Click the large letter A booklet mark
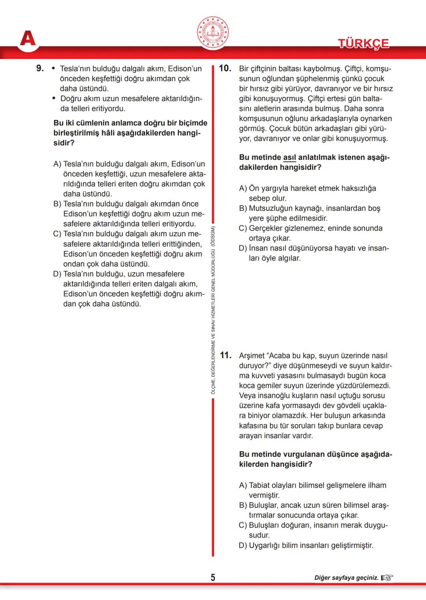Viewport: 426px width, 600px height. coord(28,39)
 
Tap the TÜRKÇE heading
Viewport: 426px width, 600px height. coord(363,43)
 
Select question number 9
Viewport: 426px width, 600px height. coord(40,68)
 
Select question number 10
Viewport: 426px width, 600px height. coord(225,68)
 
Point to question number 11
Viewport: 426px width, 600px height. coord(225,355)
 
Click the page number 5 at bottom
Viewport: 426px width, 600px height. coord(213,578)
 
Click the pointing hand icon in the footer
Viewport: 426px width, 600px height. coord(387,578)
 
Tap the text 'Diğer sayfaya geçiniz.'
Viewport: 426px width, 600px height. coord(346,578)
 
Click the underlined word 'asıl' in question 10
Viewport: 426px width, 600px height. coord(289,157)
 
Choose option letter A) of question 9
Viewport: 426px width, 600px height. coord(57,164)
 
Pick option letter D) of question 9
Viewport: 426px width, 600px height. coord(58,274)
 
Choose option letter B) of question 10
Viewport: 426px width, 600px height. coord(243,208)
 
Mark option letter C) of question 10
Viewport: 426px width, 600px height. coord(243,228)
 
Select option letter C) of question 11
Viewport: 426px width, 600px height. coord(243,525)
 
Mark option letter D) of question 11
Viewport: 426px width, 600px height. coord(243,545)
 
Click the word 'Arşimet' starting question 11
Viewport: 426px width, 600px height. coord(252,356)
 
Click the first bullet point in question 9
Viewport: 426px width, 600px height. coord(54,69)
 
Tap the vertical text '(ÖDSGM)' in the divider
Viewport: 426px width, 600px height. coord(213,236)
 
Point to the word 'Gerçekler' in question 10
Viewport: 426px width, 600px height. coord(266,228)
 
